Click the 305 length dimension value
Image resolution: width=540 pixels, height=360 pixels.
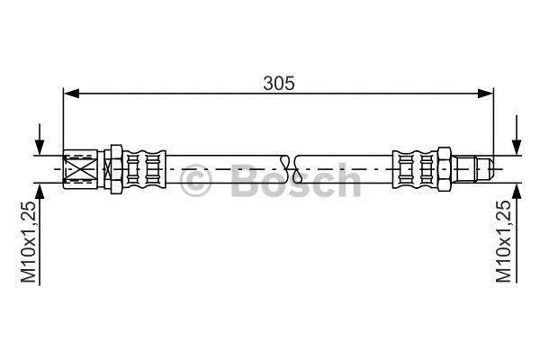coord(279,83)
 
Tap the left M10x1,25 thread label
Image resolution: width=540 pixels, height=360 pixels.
coord(28,242)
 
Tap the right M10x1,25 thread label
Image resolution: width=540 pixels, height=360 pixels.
coord(503,242)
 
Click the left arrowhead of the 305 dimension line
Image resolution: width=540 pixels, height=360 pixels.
coord(72,93)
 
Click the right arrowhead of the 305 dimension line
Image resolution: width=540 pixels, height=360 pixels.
coord(486,93)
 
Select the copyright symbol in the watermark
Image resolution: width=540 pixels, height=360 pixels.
coord(195,181)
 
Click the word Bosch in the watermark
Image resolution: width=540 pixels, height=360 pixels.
coord(296,180)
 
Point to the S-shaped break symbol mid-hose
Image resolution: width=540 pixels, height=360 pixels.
coord(292,169)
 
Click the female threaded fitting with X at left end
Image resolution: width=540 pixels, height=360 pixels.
coord(81,169)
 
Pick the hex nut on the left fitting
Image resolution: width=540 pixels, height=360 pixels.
coord(116,169)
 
